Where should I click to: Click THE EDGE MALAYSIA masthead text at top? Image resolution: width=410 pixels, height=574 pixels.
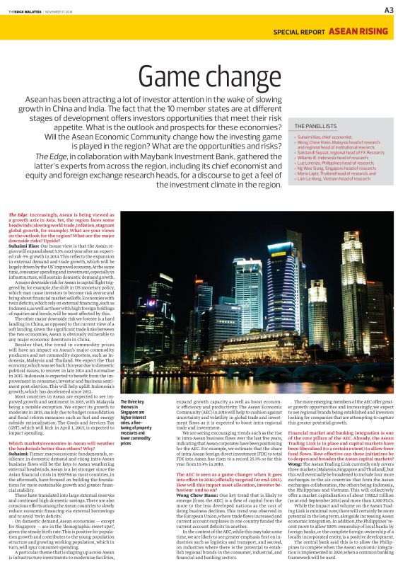coord(28,10)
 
